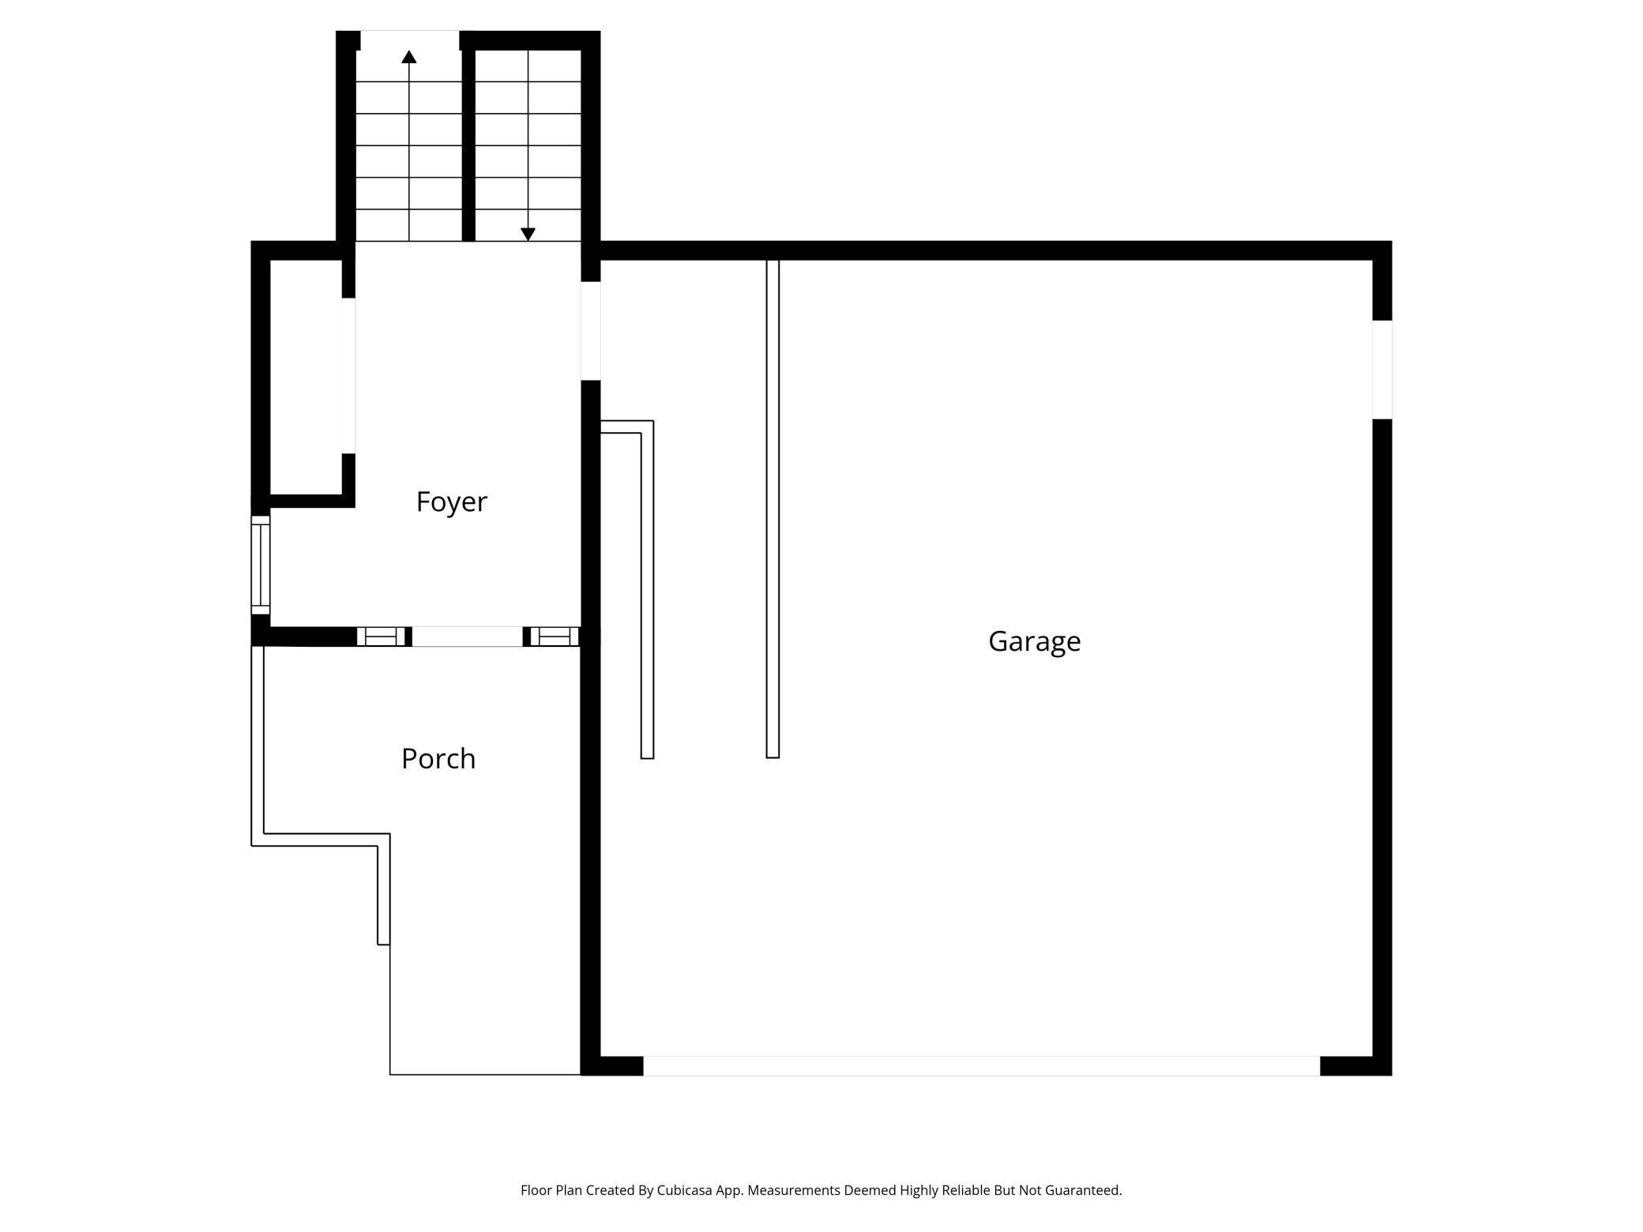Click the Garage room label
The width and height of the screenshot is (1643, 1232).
pos(1034,641)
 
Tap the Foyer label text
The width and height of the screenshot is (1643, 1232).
pos(451,501)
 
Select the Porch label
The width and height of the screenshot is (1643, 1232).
pos(438,758)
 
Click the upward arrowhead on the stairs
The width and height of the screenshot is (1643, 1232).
pos(408,57)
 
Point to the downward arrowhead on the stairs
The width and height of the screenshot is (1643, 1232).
pos(528,235)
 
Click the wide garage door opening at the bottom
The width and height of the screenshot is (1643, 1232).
pos(981,1065)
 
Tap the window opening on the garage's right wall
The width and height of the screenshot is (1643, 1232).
pos(1382,370)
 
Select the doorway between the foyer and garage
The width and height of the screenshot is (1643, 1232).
pos(591,331)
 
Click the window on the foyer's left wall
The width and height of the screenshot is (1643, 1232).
pos(260,565)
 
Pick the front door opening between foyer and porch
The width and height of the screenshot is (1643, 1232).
pos(467,637)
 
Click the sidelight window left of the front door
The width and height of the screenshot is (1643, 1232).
pos(380,637)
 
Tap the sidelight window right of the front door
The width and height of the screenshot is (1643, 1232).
pos(554,637)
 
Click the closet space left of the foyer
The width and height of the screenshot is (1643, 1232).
pos(306,376)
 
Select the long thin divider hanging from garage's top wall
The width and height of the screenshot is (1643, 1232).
pos(773,509)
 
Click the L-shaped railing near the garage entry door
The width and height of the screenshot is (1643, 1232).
pos(647,588)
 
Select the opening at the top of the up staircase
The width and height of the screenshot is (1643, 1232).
pos(409,39)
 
